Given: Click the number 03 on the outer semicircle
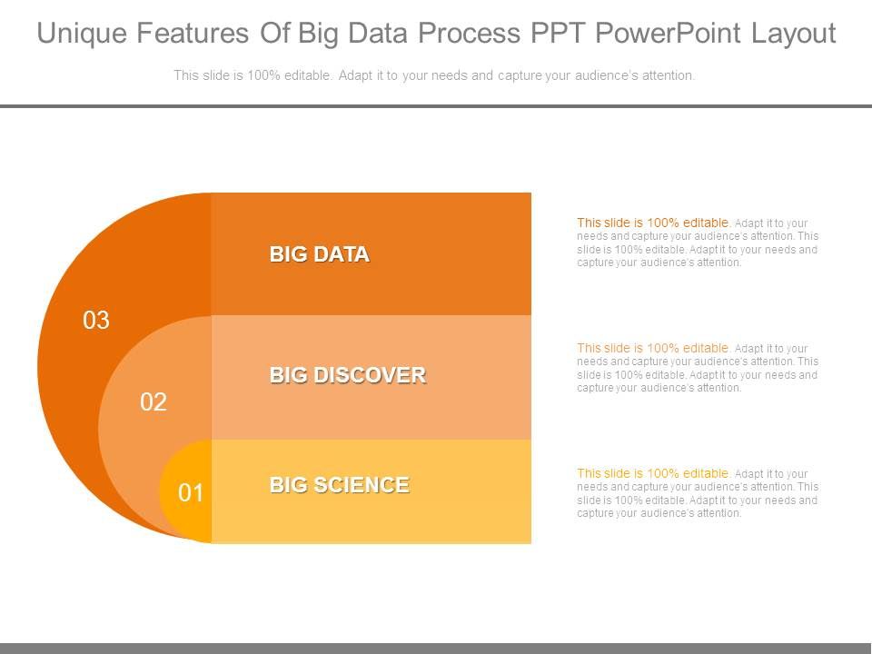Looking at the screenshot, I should [x=96, y=321].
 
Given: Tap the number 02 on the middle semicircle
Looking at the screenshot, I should [x=154, y=402].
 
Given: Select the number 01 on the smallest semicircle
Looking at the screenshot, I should [x=191, y=493].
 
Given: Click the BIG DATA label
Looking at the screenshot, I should [x=319, y=254].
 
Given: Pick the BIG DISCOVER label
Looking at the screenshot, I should [x=347, y=375].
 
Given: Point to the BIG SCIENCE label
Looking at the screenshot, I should [x=339, y=485].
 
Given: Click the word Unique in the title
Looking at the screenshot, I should [x=85, y=34].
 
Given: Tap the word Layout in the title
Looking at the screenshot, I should [x=794, y=34].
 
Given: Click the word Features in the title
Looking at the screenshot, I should [x=203, y=34].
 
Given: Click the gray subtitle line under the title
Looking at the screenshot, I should [x=434, y=76].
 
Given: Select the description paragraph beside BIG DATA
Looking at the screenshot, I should [x=698, y=243].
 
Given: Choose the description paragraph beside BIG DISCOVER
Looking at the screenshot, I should [x=698, y=368].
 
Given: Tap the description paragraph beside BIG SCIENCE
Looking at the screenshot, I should [x=698, y=493].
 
